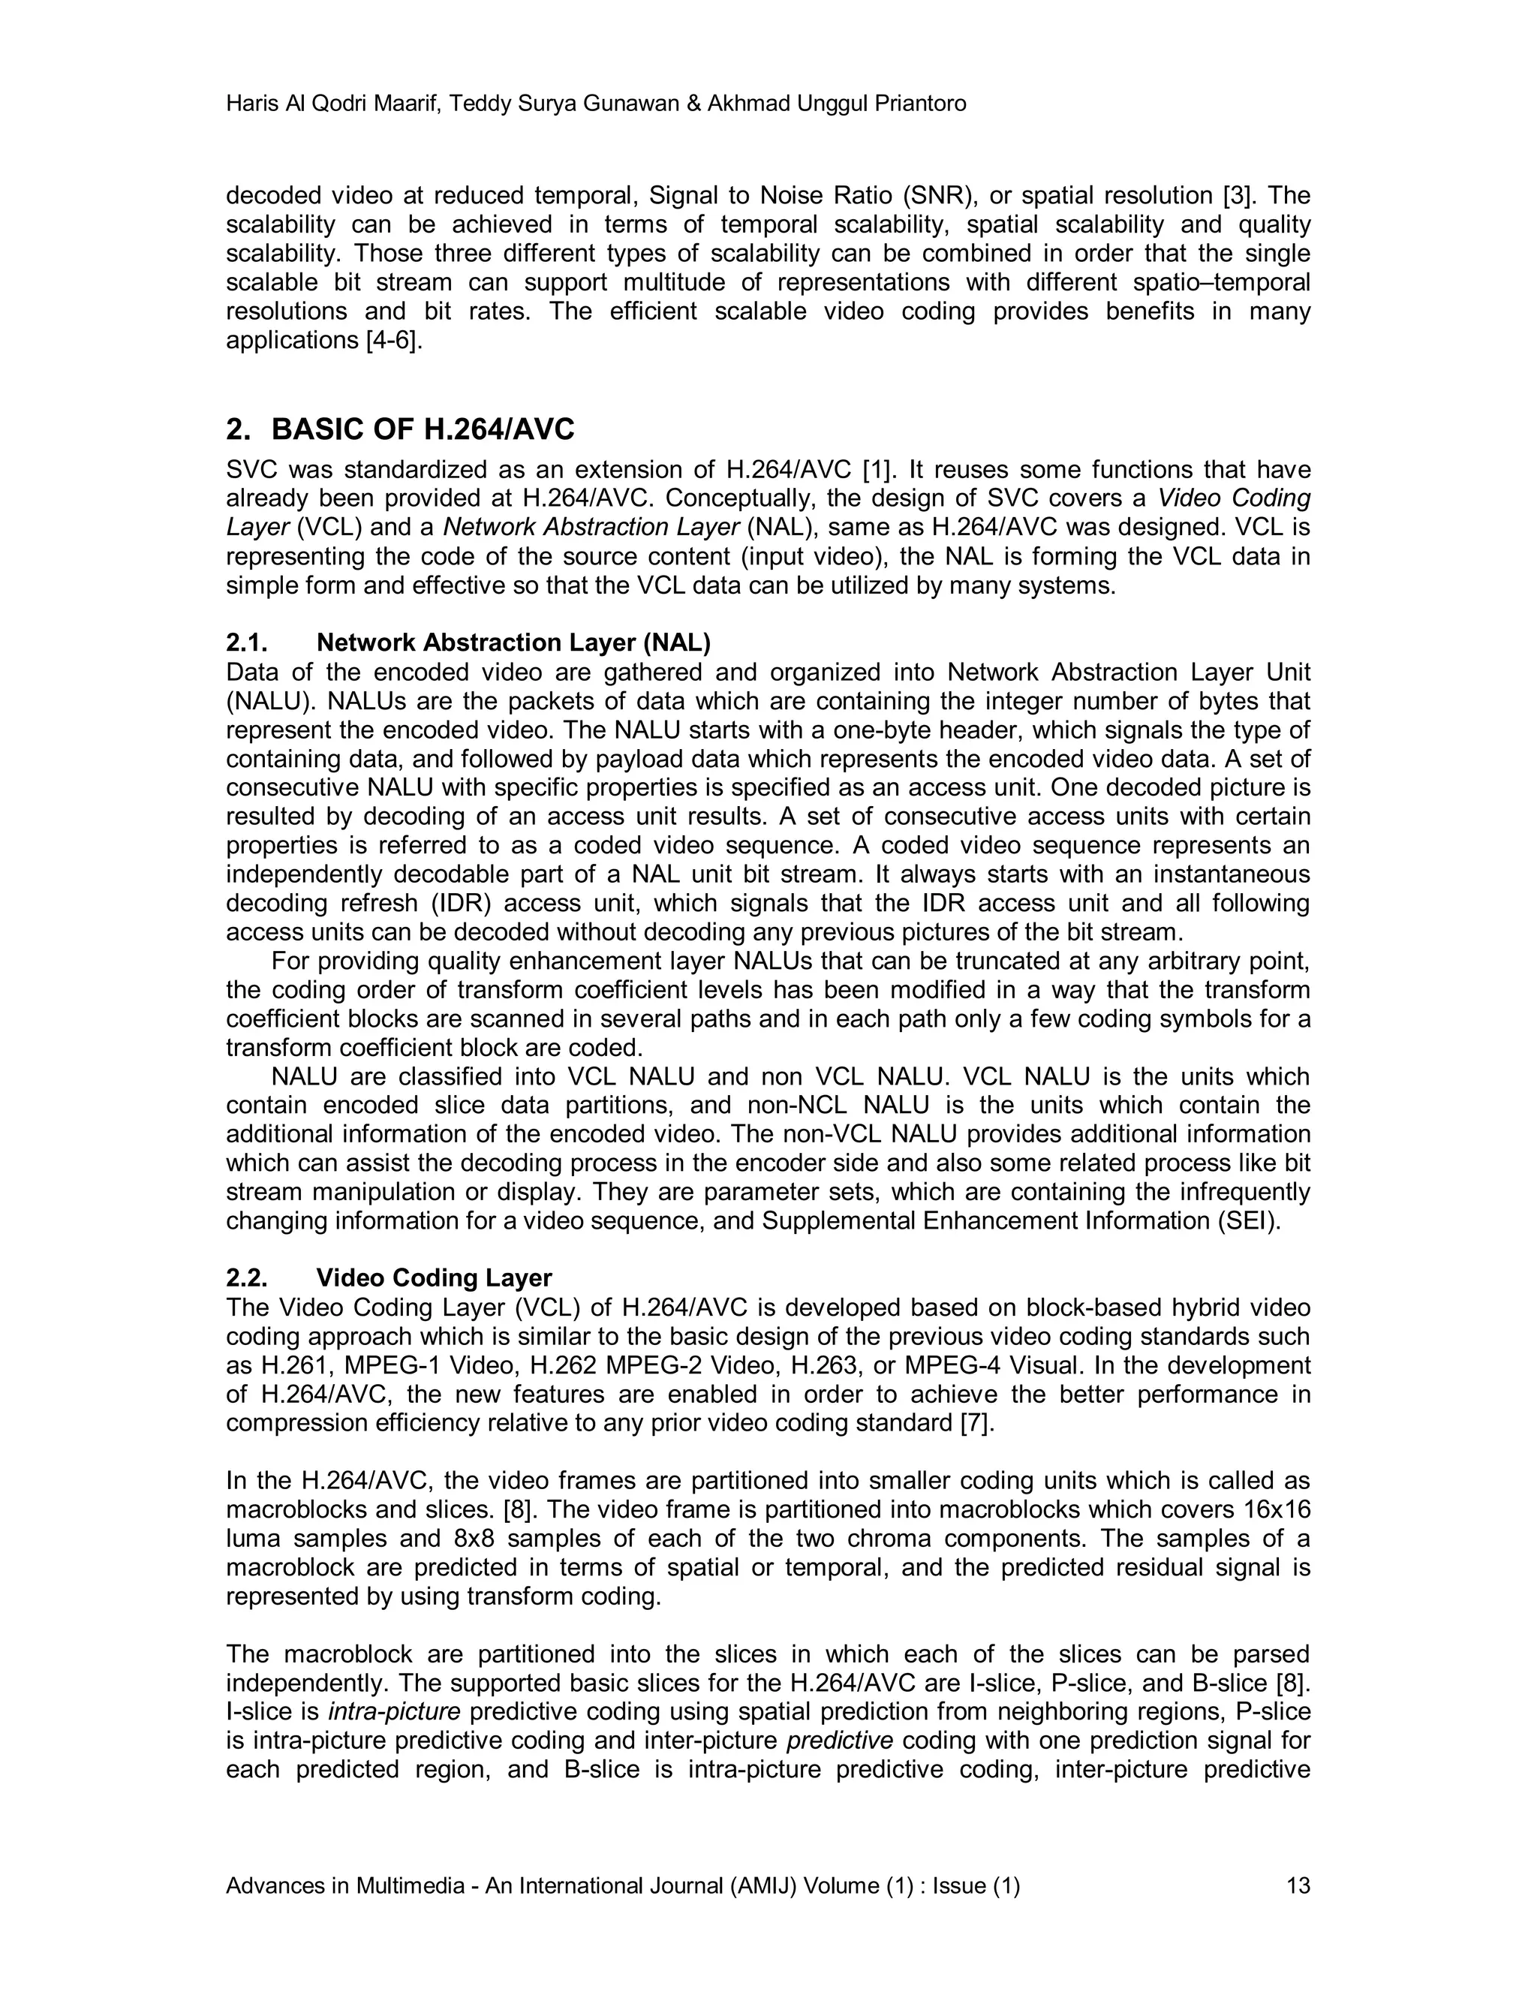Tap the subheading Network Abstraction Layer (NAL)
513,643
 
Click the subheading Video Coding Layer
434,1277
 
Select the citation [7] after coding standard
978,1422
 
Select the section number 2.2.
246,1277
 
